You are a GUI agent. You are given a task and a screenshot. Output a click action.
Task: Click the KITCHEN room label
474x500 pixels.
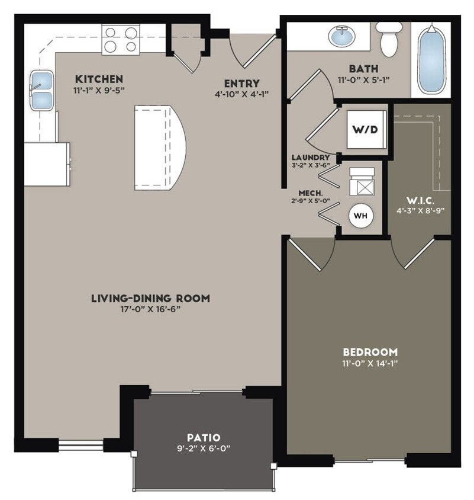point(99,79)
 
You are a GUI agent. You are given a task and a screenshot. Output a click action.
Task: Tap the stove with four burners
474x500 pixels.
point(120,39)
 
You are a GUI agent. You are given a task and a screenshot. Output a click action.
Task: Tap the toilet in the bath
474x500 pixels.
point(389,38)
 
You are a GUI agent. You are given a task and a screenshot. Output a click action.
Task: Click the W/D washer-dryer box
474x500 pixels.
point(366,129)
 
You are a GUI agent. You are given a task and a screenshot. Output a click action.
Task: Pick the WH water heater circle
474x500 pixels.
point(360,216)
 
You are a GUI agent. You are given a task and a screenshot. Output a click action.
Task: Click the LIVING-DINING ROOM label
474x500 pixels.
point(150,298)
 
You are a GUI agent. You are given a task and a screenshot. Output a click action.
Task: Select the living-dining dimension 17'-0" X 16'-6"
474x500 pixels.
point(150,309)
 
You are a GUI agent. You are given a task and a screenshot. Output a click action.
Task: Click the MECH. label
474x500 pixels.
point(310,193)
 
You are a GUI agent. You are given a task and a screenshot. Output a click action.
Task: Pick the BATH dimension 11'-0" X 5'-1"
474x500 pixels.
point(363,79)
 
